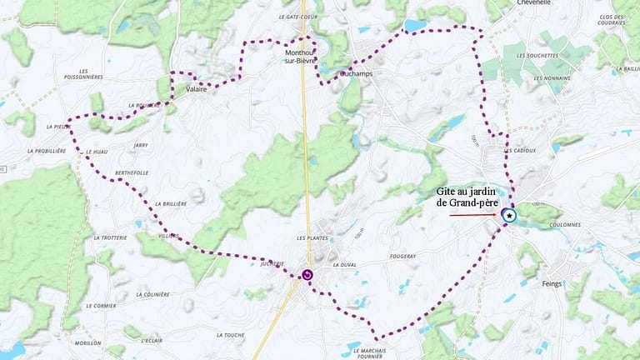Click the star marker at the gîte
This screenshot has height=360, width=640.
(509, 215)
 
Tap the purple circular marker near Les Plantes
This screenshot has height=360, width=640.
(307, 274)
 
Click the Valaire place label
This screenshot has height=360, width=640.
(197, 89)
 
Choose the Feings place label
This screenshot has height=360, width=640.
(552, 283)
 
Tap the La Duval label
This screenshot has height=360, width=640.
(343, 264)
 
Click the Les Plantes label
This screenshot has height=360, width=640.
(312, 238)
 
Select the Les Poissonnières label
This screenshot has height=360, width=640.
(94, 75)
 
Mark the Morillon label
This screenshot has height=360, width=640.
(87, 342)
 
